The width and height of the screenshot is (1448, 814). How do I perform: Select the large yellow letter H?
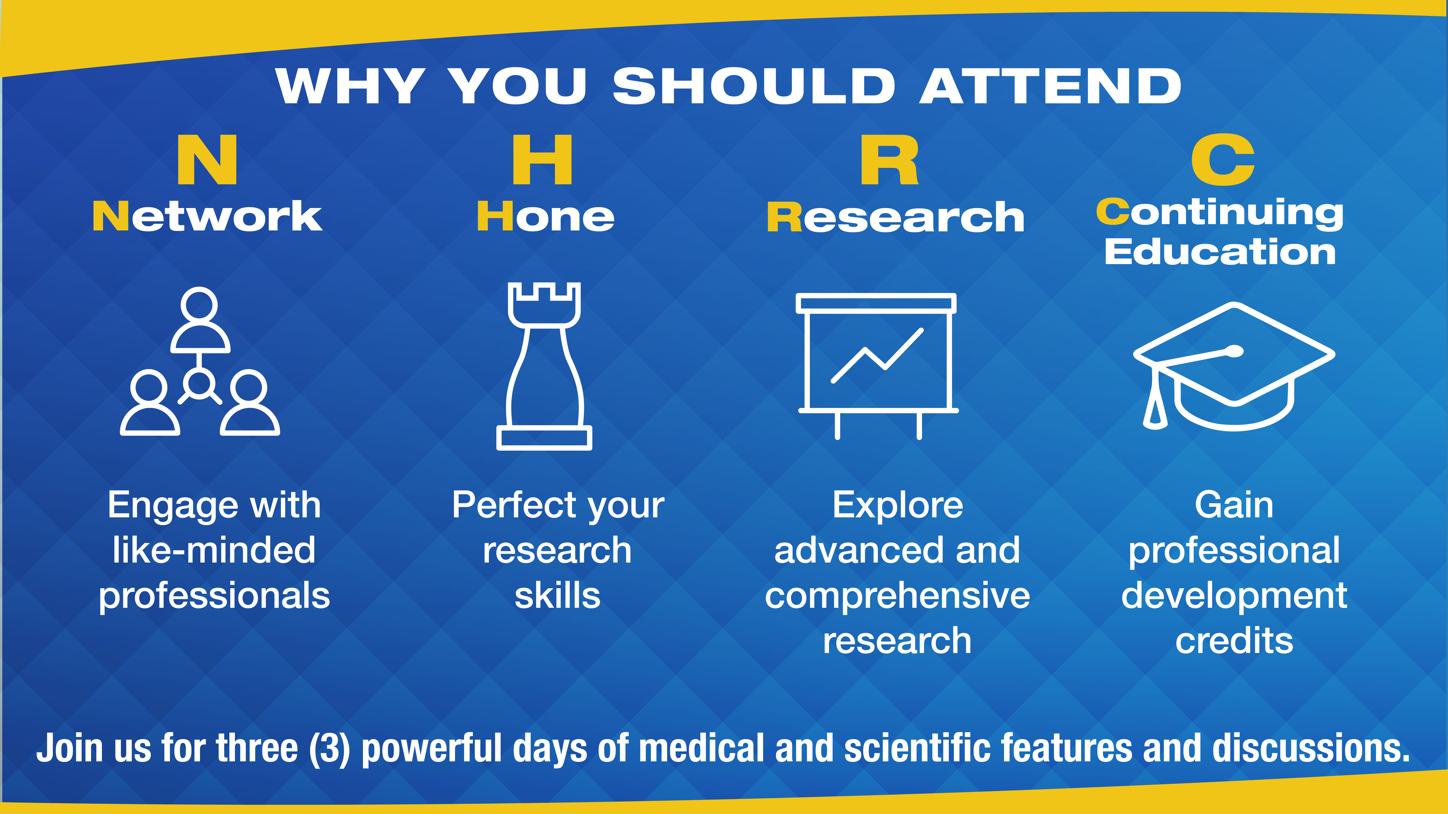pyautogui.click(x=542, y=160)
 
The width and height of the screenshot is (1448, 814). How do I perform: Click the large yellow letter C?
pyautogui.click(x=1223, y=160)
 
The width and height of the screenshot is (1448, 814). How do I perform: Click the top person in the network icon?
pyautogui.click(x=199, y=320)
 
